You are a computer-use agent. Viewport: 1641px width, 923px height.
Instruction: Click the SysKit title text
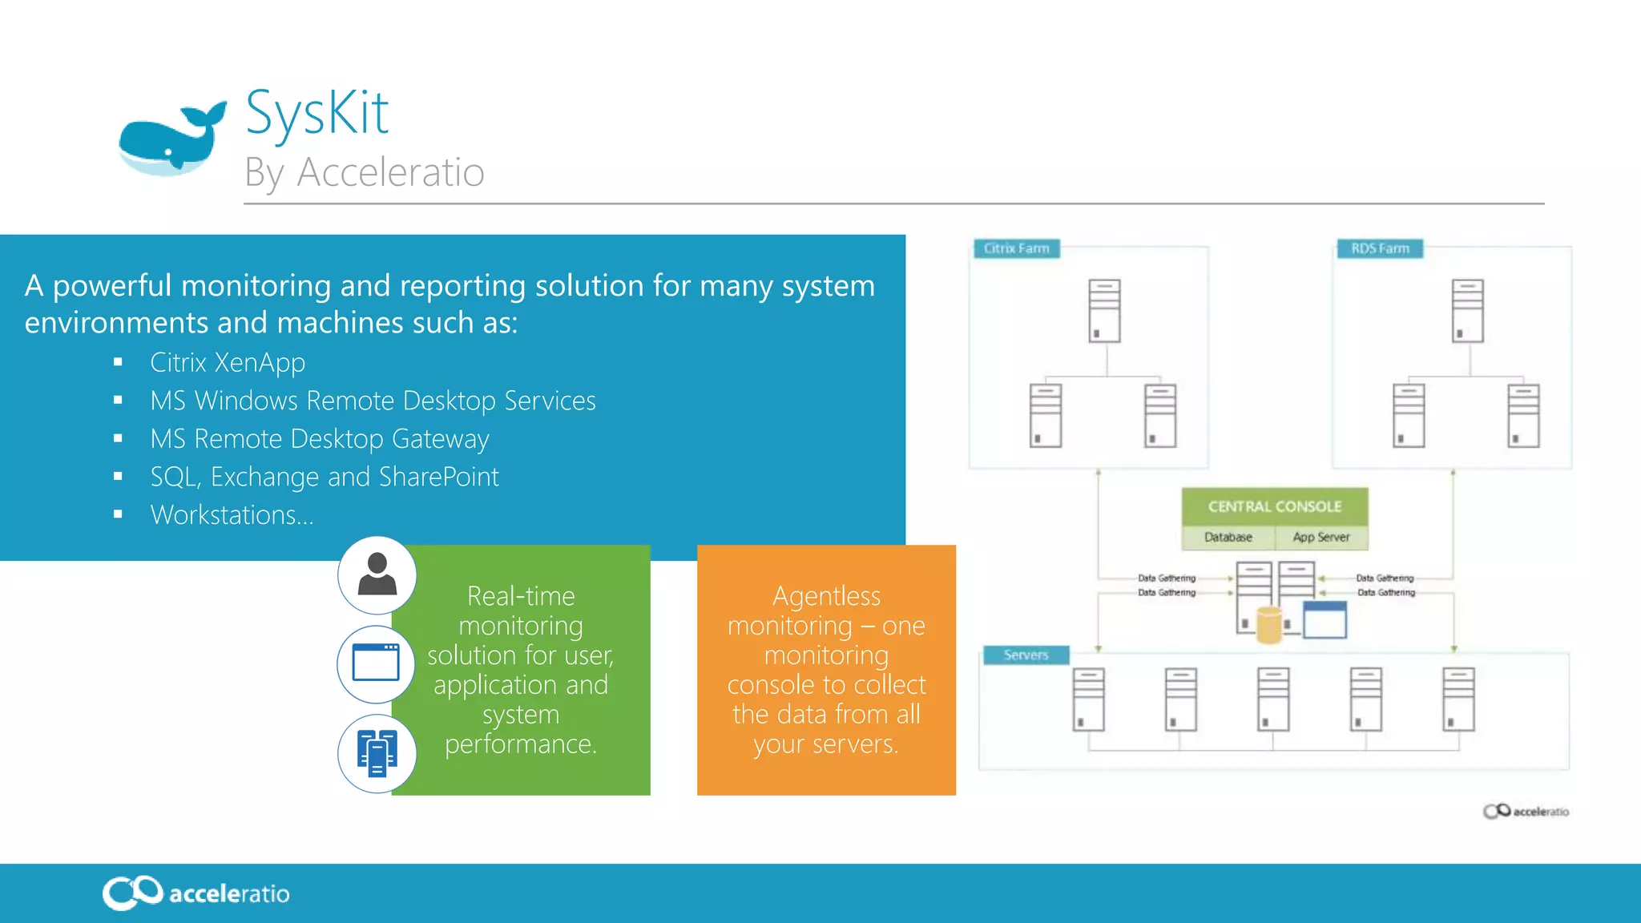pyautogui.click(x=317, y=113)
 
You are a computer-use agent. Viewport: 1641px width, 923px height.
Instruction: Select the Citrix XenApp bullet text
pyautogui.click(x=228, y=363)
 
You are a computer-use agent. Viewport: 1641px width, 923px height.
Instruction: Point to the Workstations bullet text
pyautogui.click(x=232, y=515)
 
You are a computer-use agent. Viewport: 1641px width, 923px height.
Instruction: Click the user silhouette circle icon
pyautogui.click(x=377, y=575)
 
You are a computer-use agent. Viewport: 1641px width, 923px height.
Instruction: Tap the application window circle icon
pyautogui.click(x=376, y=663)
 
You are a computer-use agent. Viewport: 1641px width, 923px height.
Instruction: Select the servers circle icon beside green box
pyautogui.click(x=377, y=753)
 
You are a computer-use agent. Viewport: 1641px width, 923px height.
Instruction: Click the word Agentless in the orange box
pyautogui.click(x=826, y=596)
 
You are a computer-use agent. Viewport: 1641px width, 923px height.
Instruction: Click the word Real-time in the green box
pyautogui.click(x=521, y=596)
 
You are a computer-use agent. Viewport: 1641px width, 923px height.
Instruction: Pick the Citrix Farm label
pyautogui.click(x=1016, y=248)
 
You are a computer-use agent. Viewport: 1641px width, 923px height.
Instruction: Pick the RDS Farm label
pyautogui.click(x=1380, y=248)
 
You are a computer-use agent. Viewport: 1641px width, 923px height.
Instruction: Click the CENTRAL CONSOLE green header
pyautogui.click(x=1274, y=506)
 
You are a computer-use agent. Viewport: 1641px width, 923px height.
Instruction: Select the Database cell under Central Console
pyautogui.click(x=1228, y=538)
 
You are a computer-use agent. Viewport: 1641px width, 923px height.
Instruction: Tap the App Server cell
pyautogui.click(x=1320, y=538)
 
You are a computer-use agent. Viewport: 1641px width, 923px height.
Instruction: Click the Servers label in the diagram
pyautogui.click(x=1026, y=655)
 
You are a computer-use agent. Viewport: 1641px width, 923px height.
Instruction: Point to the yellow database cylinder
pyautogui.click(x=1269, y=625)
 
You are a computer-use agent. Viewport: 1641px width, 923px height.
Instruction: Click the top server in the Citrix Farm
pyautogui.click(x=1104, y=311)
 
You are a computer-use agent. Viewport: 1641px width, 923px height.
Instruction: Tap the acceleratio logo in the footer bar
pyautogui.click(x=196, y=893)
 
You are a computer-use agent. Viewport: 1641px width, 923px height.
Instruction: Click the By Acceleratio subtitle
pyautogui.click(x=365, y=172)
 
